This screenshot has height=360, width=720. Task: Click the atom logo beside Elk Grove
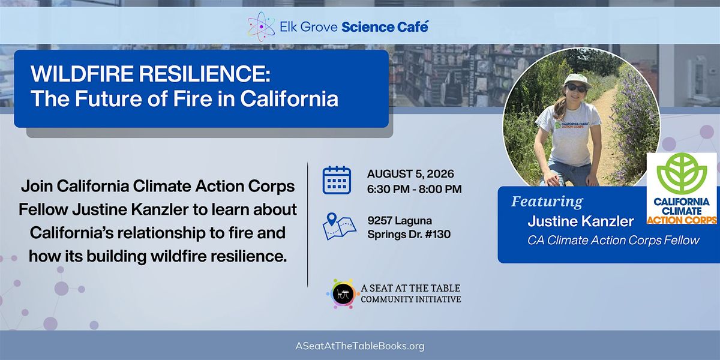[261, 27]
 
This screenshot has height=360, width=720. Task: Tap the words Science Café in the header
[385, 27]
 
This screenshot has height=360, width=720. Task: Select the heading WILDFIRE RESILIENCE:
[151, 74]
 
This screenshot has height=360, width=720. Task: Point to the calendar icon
[337, 181]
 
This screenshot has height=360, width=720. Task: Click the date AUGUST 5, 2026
[410, 174]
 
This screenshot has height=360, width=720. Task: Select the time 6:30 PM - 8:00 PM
[415, 189]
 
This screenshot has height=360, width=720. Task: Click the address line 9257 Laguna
[400, 221]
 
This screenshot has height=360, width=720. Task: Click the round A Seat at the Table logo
[341, 293]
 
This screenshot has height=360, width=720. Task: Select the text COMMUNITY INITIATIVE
[411, 299]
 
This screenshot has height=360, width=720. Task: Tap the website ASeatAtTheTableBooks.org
[359, 346]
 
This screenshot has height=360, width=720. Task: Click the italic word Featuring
[547, 202]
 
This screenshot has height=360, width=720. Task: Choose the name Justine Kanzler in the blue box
[581, 221]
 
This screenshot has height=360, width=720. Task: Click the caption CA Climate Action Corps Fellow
[613, 241]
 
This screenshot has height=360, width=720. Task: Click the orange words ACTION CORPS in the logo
[682, 220]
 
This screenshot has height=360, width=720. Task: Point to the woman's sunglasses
[576, 88]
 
